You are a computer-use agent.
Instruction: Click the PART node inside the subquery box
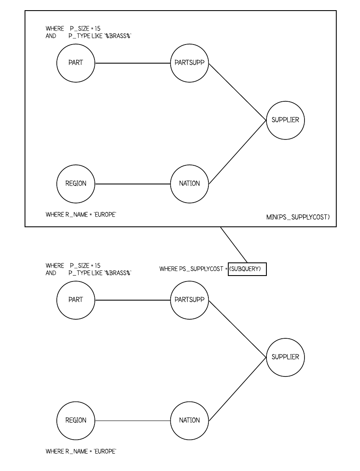coord(76,63)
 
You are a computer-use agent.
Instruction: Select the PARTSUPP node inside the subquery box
coord(189,63)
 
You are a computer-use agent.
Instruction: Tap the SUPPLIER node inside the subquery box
coord(285,120)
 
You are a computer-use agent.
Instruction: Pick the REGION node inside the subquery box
coord(76,184)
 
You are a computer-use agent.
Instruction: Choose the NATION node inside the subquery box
coord(189,184)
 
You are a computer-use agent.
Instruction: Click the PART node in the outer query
coord(76,300)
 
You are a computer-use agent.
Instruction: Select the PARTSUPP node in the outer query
coord(189,300)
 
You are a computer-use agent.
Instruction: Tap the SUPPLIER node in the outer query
coord(285,357)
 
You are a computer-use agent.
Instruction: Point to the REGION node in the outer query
coord(76,421)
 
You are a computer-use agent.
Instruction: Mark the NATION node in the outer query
coord(189,421)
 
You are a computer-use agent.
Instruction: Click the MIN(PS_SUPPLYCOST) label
coord(296,217)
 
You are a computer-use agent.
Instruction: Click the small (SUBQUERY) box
coord(247,269)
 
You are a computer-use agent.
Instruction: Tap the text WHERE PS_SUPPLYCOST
coord(191,269)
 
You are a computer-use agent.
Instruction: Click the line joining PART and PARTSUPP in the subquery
coord(133,63)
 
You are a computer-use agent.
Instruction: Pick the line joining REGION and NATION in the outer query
coord(133,421)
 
